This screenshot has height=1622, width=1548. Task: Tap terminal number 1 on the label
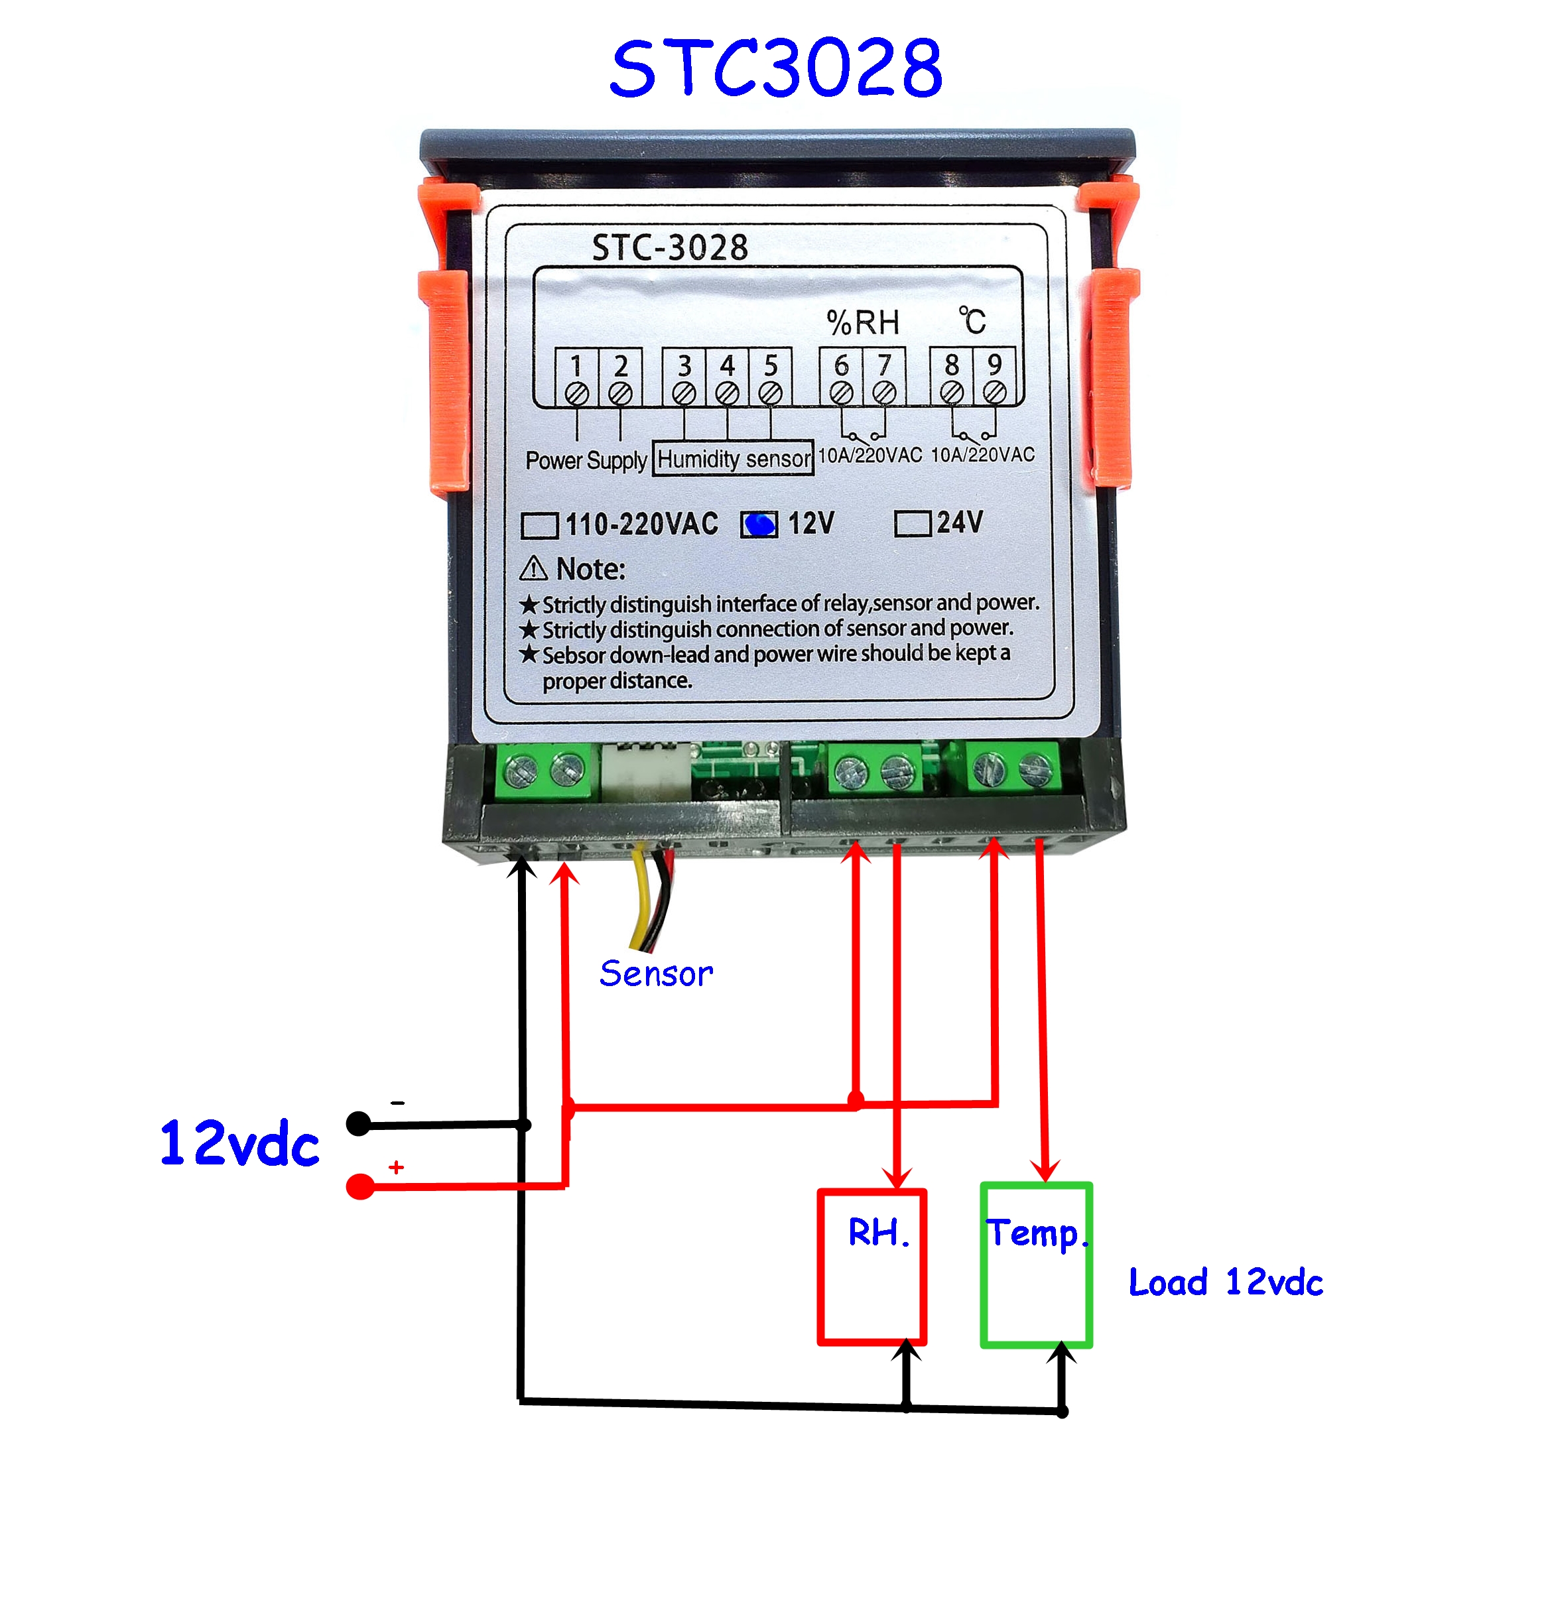pyautogui.click(x=576, y=365)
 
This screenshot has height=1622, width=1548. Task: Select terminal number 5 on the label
pyautogui.click(x=770, y=365)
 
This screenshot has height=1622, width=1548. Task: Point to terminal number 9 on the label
pyautogui.click(x=994, y=365)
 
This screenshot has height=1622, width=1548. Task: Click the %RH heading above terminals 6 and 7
pyautogui.click(x=862, y=322)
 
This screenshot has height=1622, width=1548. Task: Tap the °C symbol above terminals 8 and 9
pyautogui.click(x=972, y=320)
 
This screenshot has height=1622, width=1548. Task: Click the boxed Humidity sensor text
pyautogui.click(x=734, y=459)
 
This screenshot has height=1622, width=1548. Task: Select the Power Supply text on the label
pyautogui.click(x=586, y=460)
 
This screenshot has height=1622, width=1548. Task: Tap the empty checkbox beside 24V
pyautogui.click(x=912, y=523)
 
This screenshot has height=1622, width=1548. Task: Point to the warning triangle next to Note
pyautogui.click(x=533, y=568)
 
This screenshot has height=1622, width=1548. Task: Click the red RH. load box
pyautogui.click(x=871, y=1267)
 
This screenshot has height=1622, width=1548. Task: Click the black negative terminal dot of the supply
pyautogui.click(x=358, y=1124)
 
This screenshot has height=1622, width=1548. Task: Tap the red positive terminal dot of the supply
pyautogui.click(x=359, y=1186)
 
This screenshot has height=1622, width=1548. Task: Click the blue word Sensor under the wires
pyautogui.click(x=656, y=974)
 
